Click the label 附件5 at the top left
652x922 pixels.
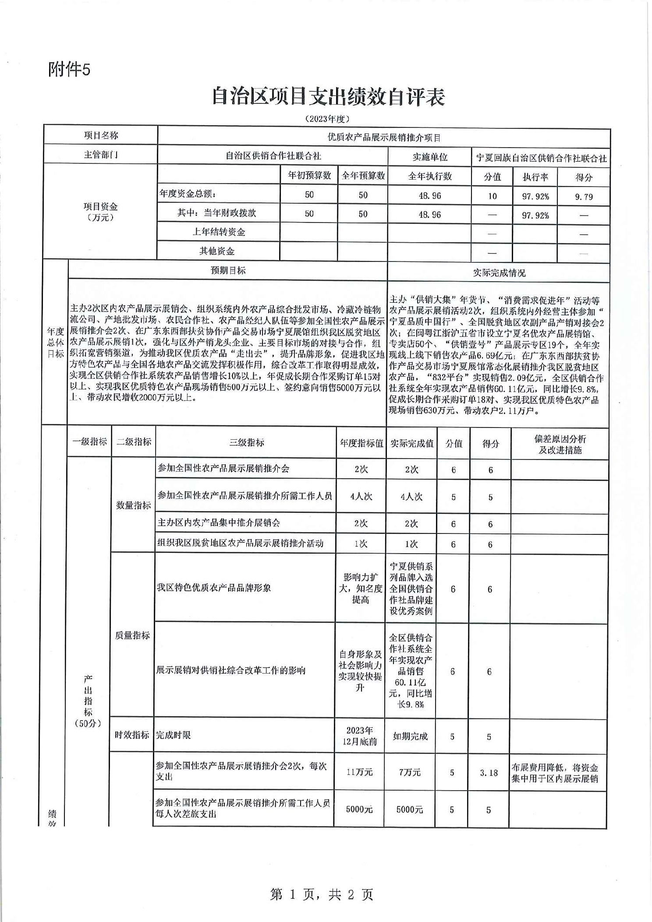69,69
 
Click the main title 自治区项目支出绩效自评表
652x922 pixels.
328,97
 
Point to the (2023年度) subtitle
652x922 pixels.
327,119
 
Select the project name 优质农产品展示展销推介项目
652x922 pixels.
384,138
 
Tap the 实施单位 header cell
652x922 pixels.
429,157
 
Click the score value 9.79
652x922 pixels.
584,197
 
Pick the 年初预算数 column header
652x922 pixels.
309,176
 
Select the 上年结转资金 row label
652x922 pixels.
219,232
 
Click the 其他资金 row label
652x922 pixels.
217,251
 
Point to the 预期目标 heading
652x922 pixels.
228,271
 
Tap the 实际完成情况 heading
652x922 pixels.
499,273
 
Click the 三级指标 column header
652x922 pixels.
246,443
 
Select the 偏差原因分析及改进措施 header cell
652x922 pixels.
560,445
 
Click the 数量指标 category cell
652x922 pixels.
133,505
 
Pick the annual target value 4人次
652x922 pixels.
361,497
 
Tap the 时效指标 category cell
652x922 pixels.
132,735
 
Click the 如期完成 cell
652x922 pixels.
410,736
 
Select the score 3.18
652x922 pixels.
489,773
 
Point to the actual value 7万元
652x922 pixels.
410,773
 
